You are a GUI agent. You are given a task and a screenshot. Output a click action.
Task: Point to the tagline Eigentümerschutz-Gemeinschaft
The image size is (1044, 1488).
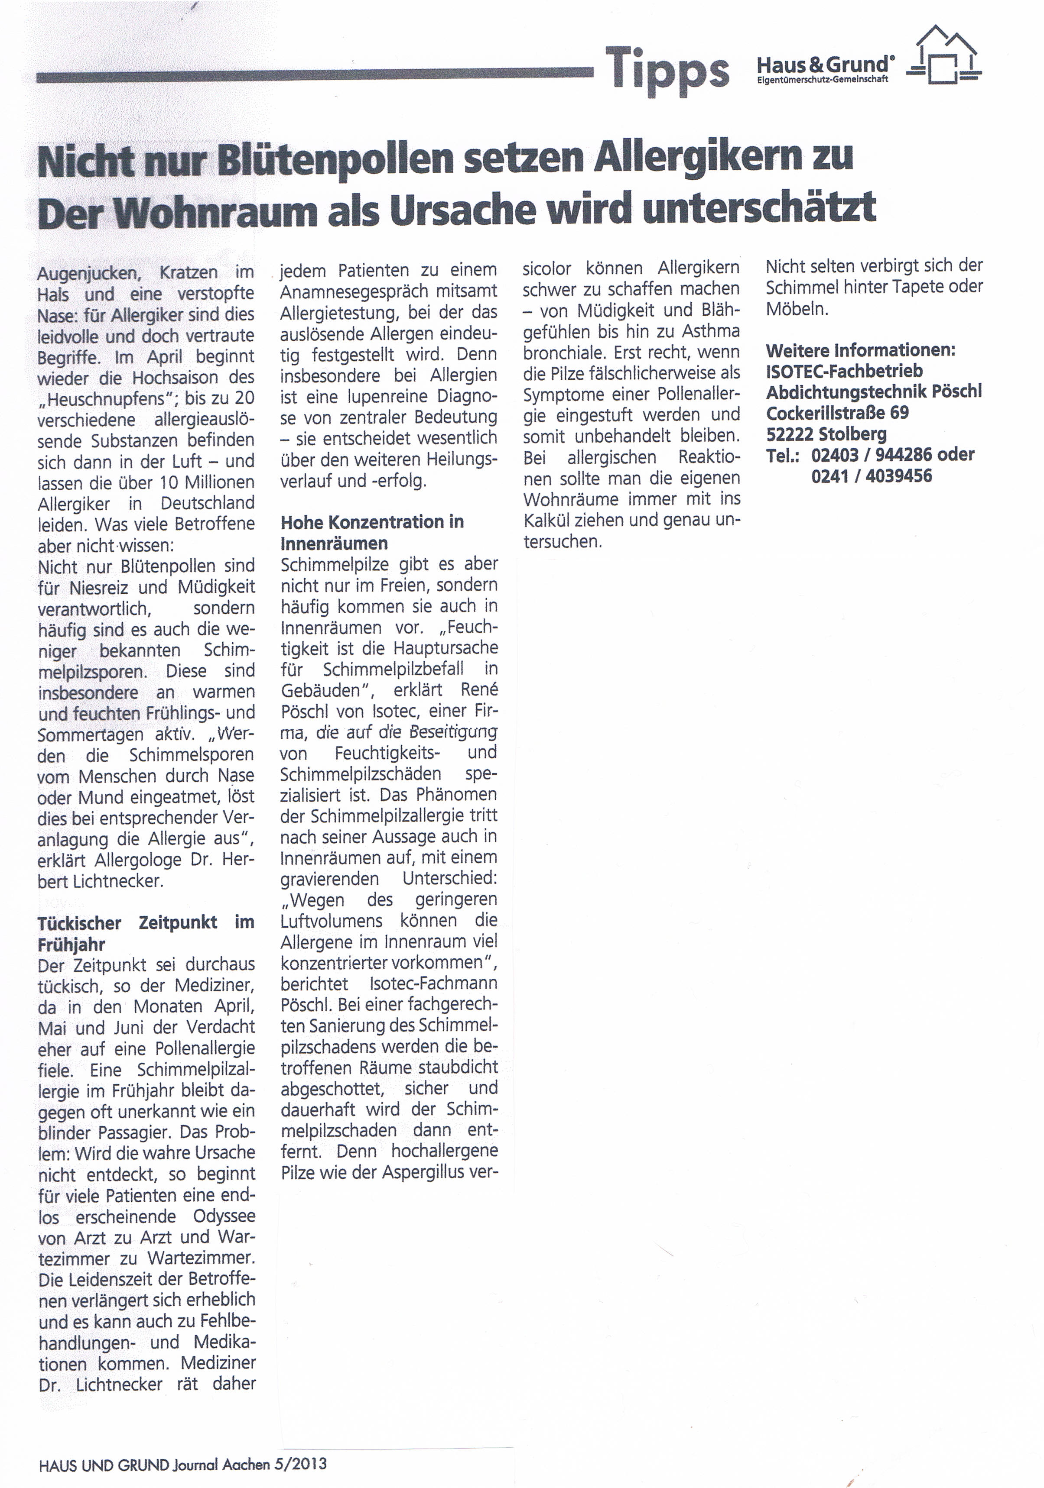(x=822, y=80)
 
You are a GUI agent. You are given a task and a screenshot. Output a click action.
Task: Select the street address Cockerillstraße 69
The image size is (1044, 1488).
(x=837, y=413)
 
